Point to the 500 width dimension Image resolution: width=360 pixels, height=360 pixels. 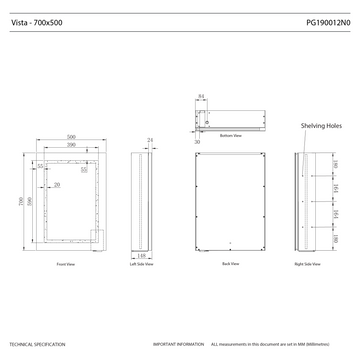pos(72,137)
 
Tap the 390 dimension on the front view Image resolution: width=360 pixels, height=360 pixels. pos(72,146)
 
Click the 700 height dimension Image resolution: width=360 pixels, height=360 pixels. pos(21,201)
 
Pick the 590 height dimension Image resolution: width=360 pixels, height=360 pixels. pos(30,201)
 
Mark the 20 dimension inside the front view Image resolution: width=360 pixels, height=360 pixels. pos(57,185)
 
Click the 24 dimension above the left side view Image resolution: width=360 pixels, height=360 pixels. pos(150,139)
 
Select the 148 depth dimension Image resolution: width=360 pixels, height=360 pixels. pos(144,256)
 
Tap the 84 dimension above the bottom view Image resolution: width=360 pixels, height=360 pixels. pos(201,96)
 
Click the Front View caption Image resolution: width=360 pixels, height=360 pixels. pos(67,265)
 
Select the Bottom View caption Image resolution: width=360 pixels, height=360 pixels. pos(231,135)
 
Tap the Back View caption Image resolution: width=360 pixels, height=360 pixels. pos(230,265)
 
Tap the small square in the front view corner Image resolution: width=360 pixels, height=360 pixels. pos(97,235)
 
